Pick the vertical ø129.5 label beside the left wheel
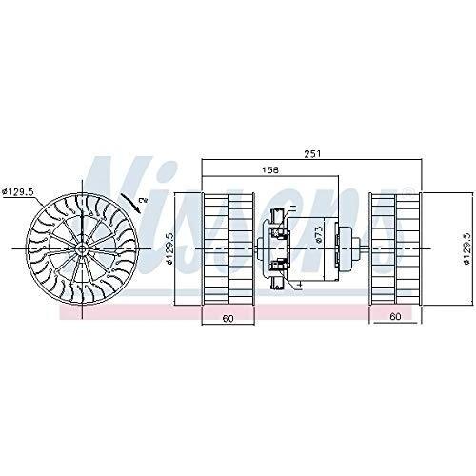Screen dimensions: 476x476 point(170,249)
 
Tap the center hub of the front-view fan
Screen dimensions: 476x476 point(83,250)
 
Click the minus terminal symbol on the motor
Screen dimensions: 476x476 point(294,208)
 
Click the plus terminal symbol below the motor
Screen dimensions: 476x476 point(297,283)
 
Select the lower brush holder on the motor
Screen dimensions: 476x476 point(279,268)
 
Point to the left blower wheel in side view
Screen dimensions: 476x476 point(228,249)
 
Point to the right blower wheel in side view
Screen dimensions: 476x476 point(393,249)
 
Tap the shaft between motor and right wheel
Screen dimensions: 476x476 point(360,249)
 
